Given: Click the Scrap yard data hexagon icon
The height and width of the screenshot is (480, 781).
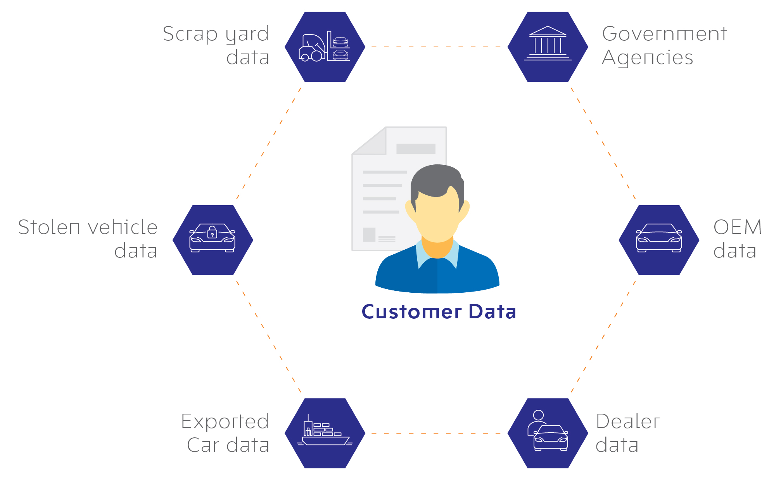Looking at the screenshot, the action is pos(325,47).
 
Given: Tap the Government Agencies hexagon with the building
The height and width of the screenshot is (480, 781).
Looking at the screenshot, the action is pos(548,47).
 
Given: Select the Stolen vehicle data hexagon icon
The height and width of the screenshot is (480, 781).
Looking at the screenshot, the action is pos(213,240).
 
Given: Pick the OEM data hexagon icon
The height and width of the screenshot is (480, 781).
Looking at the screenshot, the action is pos(659,240).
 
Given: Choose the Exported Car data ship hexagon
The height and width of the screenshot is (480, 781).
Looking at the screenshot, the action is pos(325,433).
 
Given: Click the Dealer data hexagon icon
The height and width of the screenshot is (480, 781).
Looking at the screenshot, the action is pos(548,433).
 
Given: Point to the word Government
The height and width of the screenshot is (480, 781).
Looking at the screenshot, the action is pos(665,34).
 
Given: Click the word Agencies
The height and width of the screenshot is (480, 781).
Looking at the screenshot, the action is pos(648,58).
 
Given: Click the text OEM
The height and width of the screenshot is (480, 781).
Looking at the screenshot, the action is pos(738,227).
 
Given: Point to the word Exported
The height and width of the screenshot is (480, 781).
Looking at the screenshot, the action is pos(225,422).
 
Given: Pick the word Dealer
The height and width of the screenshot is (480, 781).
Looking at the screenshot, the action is pos(628,421).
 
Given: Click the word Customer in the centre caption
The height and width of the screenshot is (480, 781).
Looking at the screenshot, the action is pos(412,312).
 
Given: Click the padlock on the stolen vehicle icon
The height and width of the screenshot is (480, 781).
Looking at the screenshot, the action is pos(212,232).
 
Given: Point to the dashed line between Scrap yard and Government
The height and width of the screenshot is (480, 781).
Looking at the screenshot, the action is pos(436,47).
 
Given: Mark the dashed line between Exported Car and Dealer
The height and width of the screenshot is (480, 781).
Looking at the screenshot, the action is pos(436,433).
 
